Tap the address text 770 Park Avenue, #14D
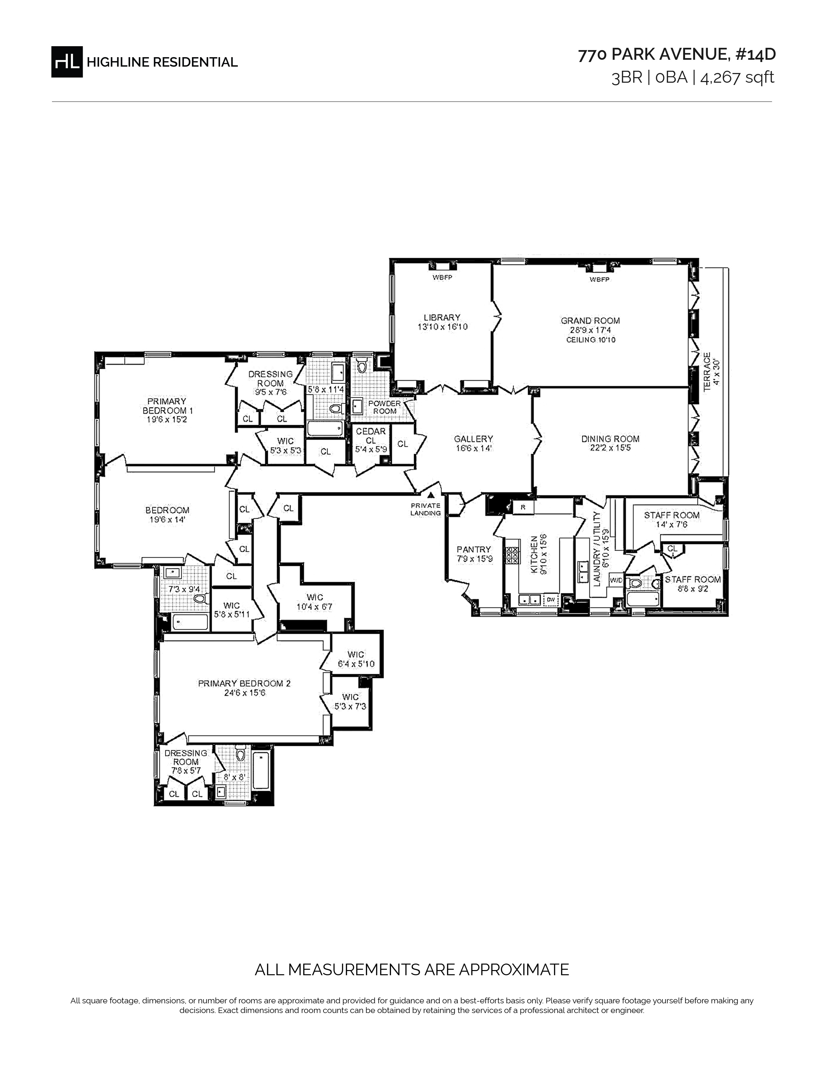pyautogui.click(x=677, y=55)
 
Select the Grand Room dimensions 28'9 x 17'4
pyautogui.click(x=590, y=330)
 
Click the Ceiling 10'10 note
pyautogui.click(x=591, y=340)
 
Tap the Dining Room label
pyautogui.click(x=610, y=439)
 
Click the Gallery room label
pyautogui.click(x=473, y=439)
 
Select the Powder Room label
pyautogui.click(x=385, y=407)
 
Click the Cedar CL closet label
pyautogui.click(x=371, y=436)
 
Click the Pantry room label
pyautogui.click(x=473, y=549)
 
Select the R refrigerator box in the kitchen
pyautogui.click(x=523, y=507)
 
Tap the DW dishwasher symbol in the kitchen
pyautogui.click(x=551, y=599)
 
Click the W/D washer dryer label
pyautogui.click(x=616, y=580)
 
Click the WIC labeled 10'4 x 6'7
pyautogui.click(x=315, y=602)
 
